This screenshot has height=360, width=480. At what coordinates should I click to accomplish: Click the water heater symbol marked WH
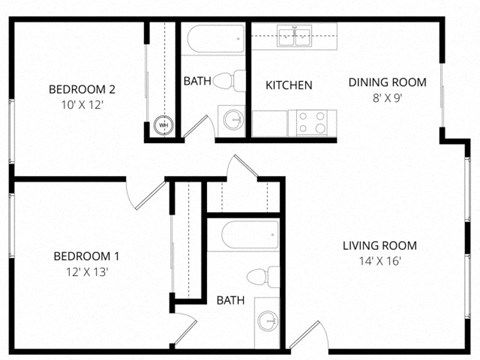(165, 126)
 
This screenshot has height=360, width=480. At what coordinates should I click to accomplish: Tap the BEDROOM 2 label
(83, 89)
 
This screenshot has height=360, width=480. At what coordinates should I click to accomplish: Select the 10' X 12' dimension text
(83, 104)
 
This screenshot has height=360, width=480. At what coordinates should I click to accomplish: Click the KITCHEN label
(289, 86)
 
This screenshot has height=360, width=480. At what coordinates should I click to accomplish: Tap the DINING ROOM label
(387, 82)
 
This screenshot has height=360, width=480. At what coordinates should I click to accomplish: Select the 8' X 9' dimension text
(387, 97)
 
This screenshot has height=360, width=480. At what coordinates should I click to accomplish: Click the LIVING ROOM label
(379, 246)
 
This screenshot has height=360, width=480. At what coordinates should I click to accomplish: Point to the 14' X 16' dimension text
(379, 261)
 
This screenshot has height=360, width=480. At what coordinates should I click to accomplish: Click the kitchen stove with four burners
(311, 122)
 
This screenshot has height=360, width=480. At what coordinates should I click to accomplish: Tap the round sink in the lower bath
(268, 321)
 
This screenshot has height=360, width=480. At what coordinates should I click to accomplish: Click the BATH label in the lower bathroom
(230, 300)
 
